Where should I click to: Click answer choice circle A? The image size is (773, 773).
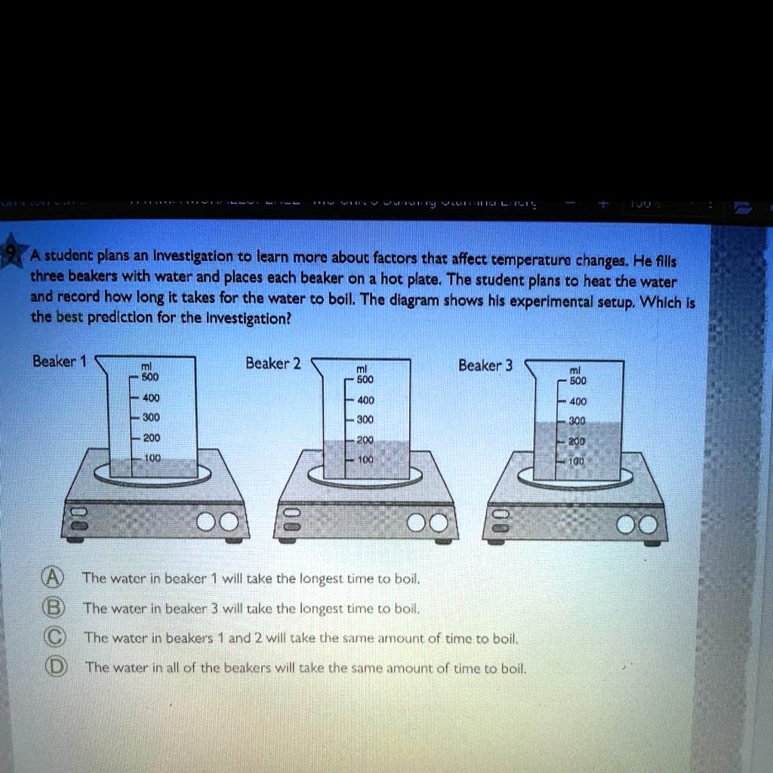pyautogui.click(x=51, y=578)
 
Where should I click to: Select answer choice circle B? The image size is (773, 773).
pyautogui.click(x=52, y=608)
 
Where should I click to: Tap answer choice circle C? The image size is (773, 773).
pyautogui.click(x=52, y=637)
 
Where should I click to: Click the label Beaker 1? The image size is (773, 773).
pyautogui.click(x=60, y=362)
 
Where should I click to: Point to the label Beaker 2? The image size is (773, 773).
pyautogui.click(x=273, y=363)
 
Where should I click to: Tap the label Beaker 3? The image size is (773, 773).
pyautogui.click(x=485, y=365)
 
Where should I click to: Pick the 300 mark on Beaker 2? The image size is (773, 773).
pyautogui.click(x=365, y=419)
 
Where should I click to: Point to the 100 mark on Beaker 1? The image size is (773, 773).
pyautogui.click(x=152, y=457)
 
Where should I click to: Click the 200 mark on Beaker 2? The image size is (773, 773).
pyautogui.click(x=365, y=439)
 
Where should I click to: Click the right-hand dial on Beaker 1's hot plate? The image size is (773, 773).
pyautogui.click(x=229, y=522)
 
